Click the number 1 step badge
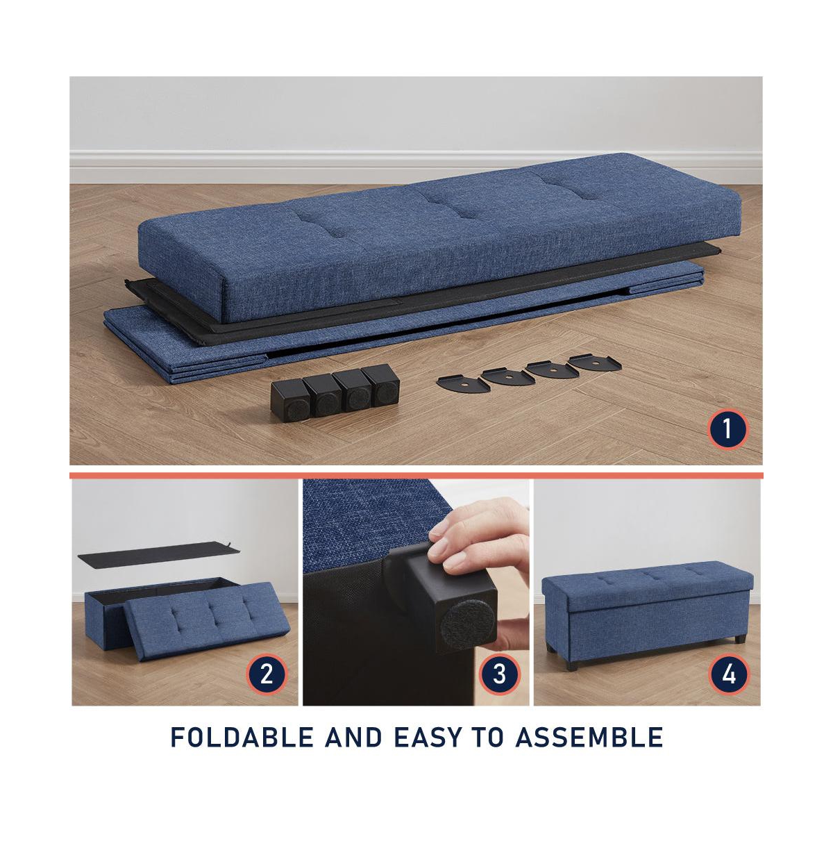[x=727, y=429]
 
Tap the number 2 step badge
[x=267, y=674]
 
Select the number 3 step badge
[x=499, y=674]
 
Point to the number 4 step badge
[x=729, y=674]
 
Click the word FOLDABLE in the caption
[x=242, y=749]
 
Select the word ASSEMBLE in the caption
[x=589, y=749]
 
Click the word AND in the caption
[x=353, y=749]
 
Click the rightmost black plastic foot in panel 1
[x=380, y=385]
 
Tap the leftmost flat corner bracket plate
[x=463, y=384]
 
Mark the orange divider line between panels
[x=416, y=475]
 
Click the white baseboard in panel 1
[x=416, y=167]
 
